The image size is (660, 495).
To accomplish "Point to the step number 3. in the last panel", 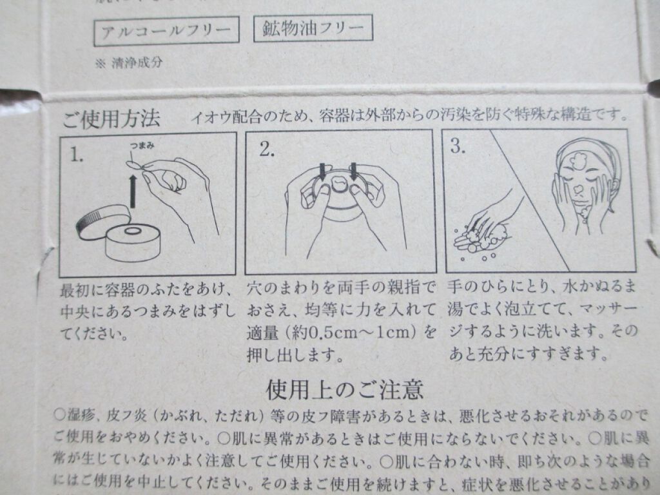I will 458,146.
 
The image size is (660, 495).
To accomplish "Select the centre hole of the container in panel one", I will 135,231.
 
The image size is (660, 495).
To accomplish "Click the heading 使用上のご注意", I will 345,391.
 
